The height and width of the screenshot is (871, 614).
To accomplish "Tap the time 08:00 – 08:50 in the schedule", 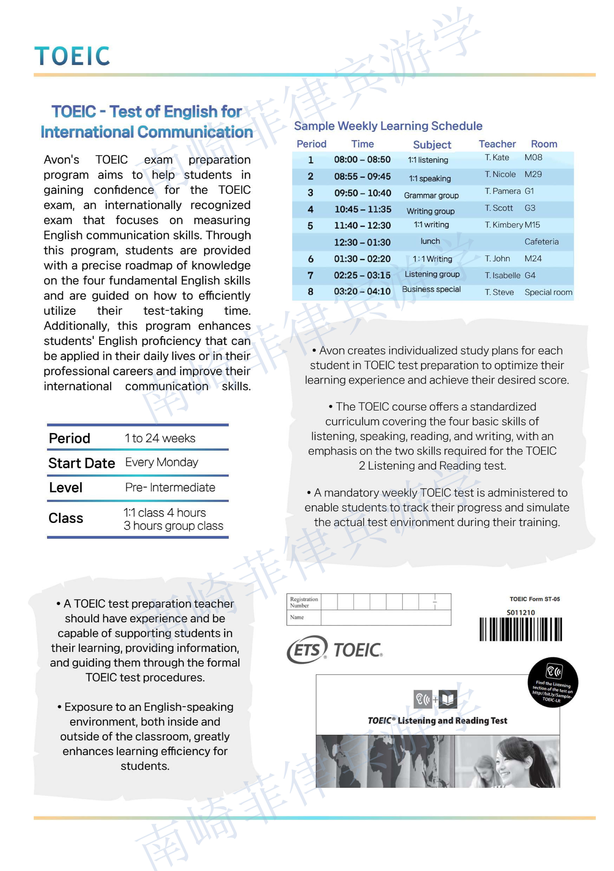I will point(362,160).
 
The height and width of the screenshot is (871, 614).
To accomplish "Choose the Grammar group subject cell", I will point(431,195).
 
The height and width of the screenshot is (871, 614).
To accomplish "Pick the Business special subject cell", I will point(431,289).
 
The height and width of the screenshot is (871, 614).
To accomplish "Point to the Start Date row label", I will point(82,463).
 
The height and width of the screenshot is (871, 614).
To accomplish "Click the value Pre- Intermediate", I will point(170,488).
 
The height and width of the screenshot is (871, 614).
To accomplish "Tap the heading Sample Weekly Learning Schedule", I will point(388,126).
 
